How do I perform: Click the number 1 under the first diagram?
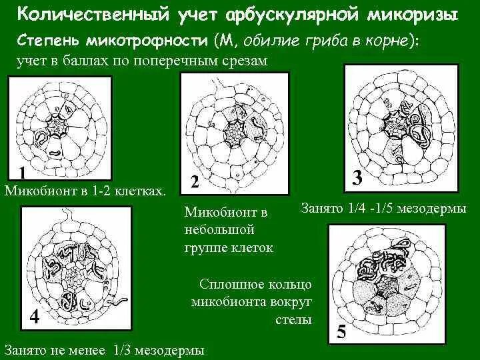(22, 173)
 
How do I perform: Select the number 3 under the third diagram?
(357, 177)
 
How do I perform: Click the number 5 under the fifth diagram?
(341, 331)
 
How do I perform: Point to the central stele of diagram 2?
(234, 133)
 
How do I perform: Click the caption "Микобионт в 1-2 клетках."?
(85, 192)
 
